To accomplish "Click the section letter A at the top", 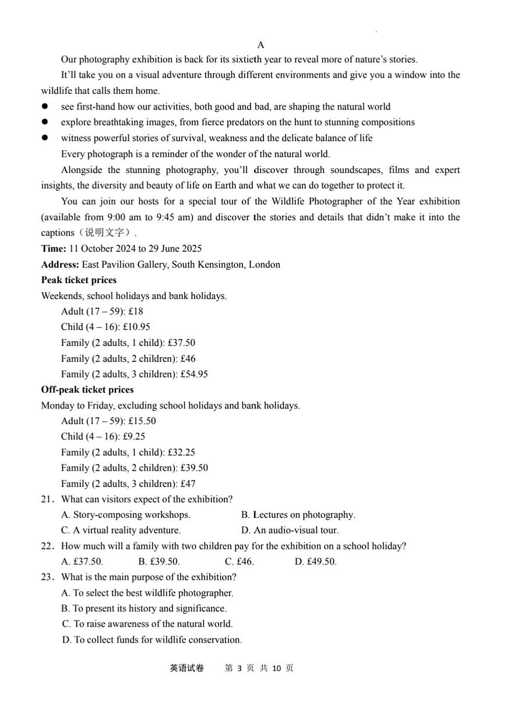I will coord(260,45).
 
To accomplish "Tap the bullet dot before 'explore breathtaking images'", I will coord(44,122).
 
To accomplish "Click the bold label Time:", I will coord(54,249).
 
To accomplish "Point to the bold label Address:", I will coord(60,264).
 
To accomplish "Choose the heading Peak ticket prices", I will coord(79,280).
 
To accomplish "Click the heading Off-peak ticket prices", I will coord(87,390).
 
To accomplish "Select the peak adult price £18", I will coord(136,311).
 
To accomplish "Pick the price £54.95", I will coord(194,374).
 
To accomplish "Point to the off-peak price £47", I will coord(188,484).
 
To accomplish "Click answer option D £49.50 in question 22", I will coord(315,562).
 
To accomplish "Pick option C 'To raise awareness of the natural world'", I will coord(147,624).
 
